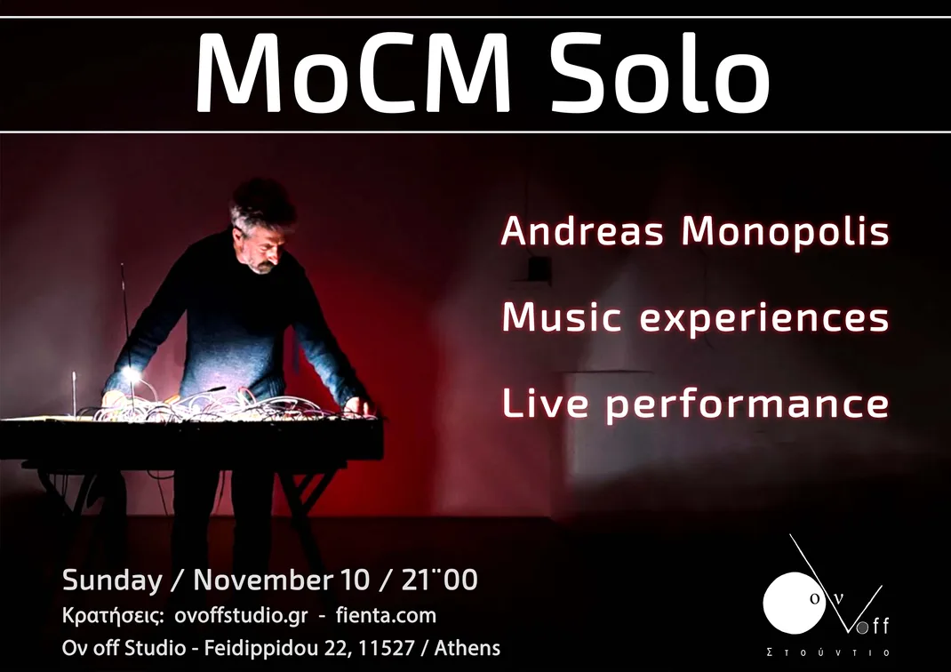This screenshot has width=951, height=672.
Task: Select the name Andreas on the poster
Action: click(x=582, y=231)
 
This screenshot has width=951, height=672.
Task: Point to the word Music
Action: click(x=562, y=316)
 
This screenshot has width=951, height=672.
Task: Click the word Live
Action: click(x=545, y=403)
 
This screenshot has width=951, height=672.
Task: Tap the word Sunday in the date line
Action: click(x=112, y=581)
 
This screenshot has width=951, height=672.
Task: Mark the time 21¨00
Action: click(x=439, y=580)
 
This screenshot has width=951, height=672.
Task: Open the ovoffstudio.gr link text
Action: click(x=241, y=616)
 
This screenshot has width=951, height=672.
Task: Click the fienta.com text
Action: click(x=386, y=616)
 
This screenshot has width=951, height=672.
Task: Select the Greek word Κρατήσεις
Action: click(x=113, y=617)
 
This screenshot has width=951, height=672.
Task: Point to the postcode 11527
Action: click(x=387, y=648)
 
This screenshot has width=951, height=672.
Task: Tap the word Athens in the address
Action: click(x=467, y=648)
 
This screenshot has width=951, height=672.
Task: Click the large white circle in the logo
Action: click(x=794, y=603)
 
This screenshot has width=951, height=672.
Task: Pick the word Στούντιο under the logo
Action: click(x=827, y=652)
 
